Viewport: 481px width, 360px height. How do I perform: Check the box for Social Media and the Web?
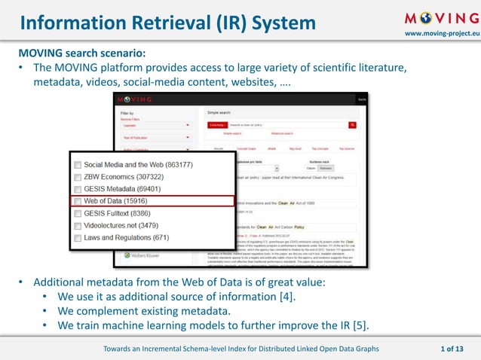[77, 164]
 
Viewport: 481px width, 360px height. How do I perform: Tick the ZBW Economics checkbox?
[77, 176]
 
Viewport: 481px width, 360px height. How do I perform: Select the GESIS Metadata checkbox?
[77, 188]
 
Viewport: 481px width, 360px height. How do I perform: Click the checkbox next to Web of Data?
[77, 201]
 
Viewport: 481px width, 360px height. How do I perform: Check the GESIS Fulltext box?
[77, 213]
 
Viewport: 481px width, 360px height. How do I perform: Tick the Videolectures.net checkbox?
[77, 225]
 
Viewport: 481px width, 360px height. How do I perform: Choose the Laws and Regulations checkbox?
[77, 237]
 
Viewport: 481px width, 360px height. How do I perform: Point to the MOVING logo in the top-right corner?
[440, 18]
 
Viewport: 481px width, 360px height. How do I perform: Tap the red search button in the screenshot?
[352, 124]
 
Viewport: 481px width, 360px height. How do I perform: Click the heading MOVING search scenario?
[82, 53]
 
